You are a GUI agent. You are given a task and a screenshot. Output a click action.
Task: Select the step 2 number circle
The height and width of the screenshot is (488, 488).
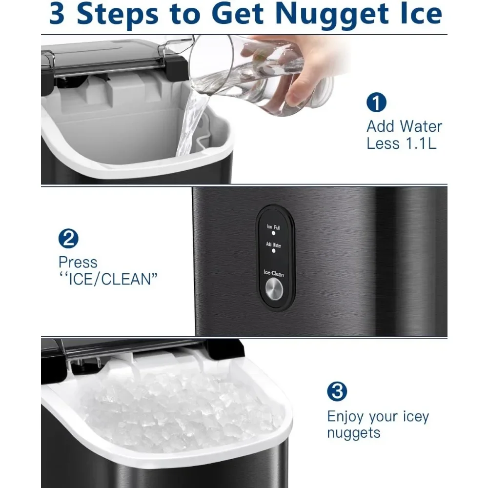68,239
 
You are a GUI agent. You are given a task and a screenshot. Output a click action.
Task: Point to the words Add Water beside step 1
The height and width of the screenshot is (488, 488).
404,126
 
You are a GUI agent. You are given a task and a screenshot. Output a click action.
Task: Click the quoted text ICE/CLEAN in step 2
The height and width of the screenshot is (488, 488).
108,280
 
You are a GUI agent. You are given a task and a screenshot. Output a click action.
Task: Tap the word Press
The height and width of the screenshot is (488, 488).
78,263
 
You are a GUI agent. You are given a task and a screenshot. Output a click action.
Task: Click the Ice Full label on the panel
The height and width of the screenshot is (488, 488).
273,227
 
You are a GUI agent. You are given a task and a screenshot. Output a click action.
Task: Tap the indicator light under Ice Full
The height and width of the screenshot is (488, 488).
273,234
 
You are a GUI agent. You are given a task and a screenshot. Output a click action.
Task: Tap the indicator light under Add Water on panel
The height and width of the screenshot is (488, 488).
273,250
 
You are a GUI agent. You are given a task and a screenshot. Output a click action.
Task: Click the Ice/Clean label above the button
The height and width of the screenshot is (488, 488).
273,274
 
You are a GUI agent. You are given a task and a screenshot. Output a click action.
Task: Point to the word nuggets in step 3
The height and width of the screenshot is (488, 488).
353,433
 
